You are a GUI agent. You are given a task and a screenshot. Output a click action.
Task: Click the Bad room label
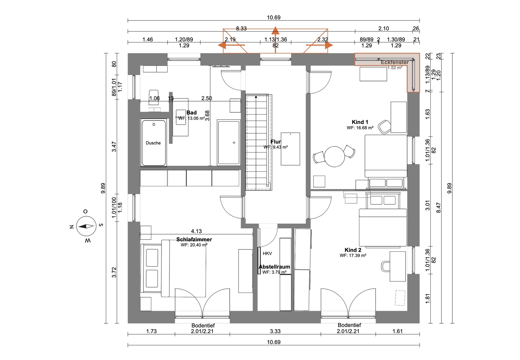191,113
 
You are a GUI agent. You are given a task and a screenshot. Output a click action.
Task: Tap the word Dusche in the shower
153,143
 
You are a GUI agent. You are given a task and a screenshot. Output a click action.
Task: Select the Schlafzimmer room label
194,239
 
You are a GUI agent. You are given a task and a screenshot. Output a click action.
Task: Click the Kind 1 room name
360,122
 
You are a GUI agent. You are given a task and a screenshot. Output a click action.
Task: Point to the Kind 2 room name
353,250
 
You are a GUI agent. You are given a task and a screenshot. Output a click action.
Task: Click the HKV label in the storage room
267,254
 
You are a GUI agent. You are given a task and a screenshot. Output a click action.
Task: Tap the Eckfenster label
395,62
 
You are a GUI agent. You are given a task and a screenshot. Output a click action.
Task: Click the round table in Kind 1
335,157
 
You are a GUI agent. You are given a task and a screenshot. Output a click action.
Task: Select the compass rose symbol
86,226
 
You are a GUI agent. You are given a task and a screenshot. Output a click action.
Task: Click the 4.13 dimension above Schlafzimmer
196,231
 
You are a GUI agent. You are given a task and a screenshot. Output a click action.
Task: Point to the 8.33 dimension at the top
241,28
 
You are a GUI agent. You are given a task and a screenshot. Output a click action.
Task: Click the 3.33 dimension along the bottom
275,331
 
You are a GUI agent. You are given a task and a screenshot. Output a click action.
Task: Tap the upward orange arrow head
275,30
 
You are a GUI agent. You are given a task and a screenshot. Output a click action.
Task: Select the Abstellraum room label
274,267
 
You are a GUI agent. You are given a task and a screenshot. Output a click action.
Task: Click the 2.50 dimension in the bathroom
206,98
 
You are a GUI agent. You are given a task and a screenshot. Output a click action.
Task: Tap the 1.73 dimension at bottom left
151,331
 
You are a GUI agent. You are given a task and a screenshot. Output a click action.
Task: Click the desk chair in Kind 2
386,266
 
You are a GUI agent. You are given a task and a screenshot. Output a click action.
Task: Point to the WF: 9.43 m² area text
276,147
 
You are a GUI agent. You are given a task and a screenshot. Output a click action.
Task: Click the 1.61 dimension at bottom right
397,331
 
